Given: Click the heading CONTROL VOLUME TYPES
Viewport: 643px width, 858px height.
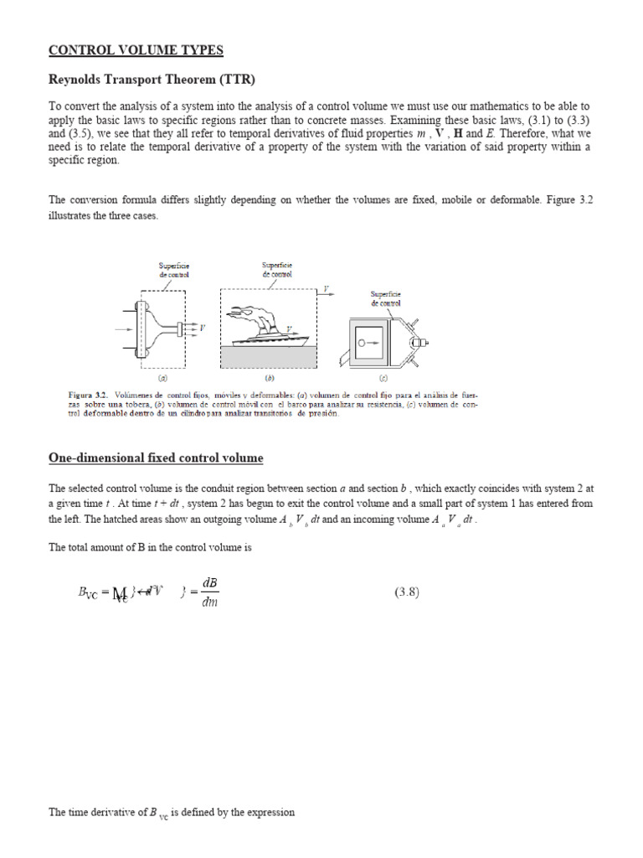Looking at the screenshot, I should tap(136, 50).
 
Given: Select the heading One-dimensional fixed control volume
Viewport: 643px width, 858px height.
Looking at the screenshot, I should tap(156, 458).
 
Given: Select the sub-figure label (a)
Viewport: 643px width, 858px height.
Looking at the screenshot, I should tap(163, 378).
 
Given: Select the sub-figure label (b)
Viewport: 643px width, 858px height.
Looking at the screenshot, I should tap(270, 378).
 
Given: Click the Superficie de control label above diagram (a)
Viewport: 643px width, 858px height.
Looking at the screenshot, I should tap(174, 270).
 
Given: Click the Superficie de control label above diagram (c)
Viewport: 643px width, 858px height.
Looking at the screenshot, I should tap(386, 298).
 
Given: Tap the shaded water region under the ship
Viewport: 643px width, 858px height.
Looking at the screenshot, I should tap(268, 357).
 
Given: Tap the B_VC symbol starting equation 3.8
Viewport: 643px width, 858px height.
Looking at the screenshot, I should tap(87, 593).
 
